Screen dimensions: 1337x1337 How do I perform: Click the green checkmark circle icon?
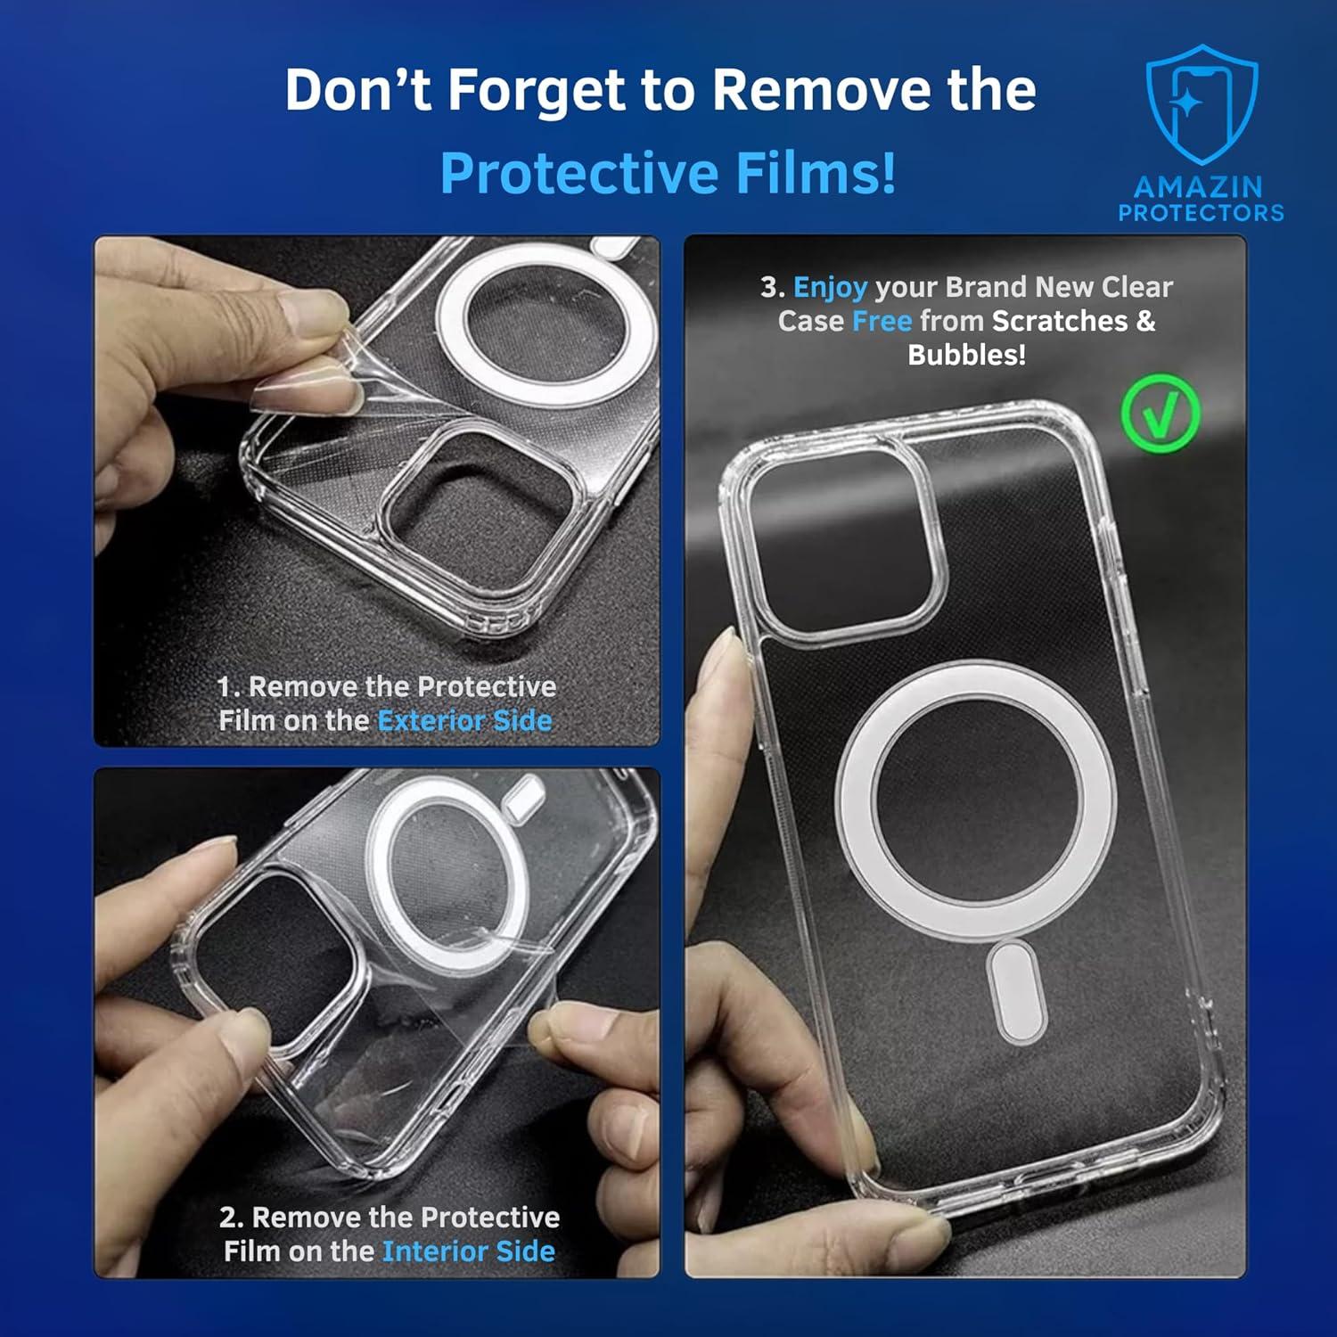tap(1161, 413)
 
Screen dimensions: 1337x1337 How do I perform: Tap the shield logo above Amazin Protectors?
tap(1202, 106)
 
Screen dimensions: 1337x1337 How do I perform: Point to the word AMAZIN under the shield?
tap(1199, 187)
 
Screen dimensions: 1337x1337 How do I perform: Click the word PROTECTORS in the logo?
tap(1202, 213)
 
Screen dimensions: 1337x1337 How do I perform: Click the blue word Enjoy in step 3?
tap(830, 287)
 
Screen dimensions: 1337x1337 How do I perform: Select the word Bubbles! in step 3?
tap(967, 355)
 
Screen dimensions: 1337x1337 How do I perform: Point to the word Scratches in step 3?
tap(1060, 321)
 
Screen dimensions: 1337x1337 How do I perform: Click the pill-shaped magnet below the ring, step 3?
tap(1016, 992)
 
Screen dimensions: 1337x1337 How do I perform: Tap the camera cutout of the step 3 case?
tap(842, 543)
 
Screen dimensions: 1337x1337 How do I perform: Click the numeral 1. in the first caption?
tap(229, 687)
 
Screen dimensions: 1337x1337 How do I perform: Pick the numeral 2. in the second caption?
tap(231, 1218)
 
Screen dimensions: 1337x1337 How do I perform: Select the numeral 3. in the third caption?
tap(772, 287)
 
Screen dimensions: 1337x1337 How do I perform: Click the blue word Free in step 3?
tap(882, 321)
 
